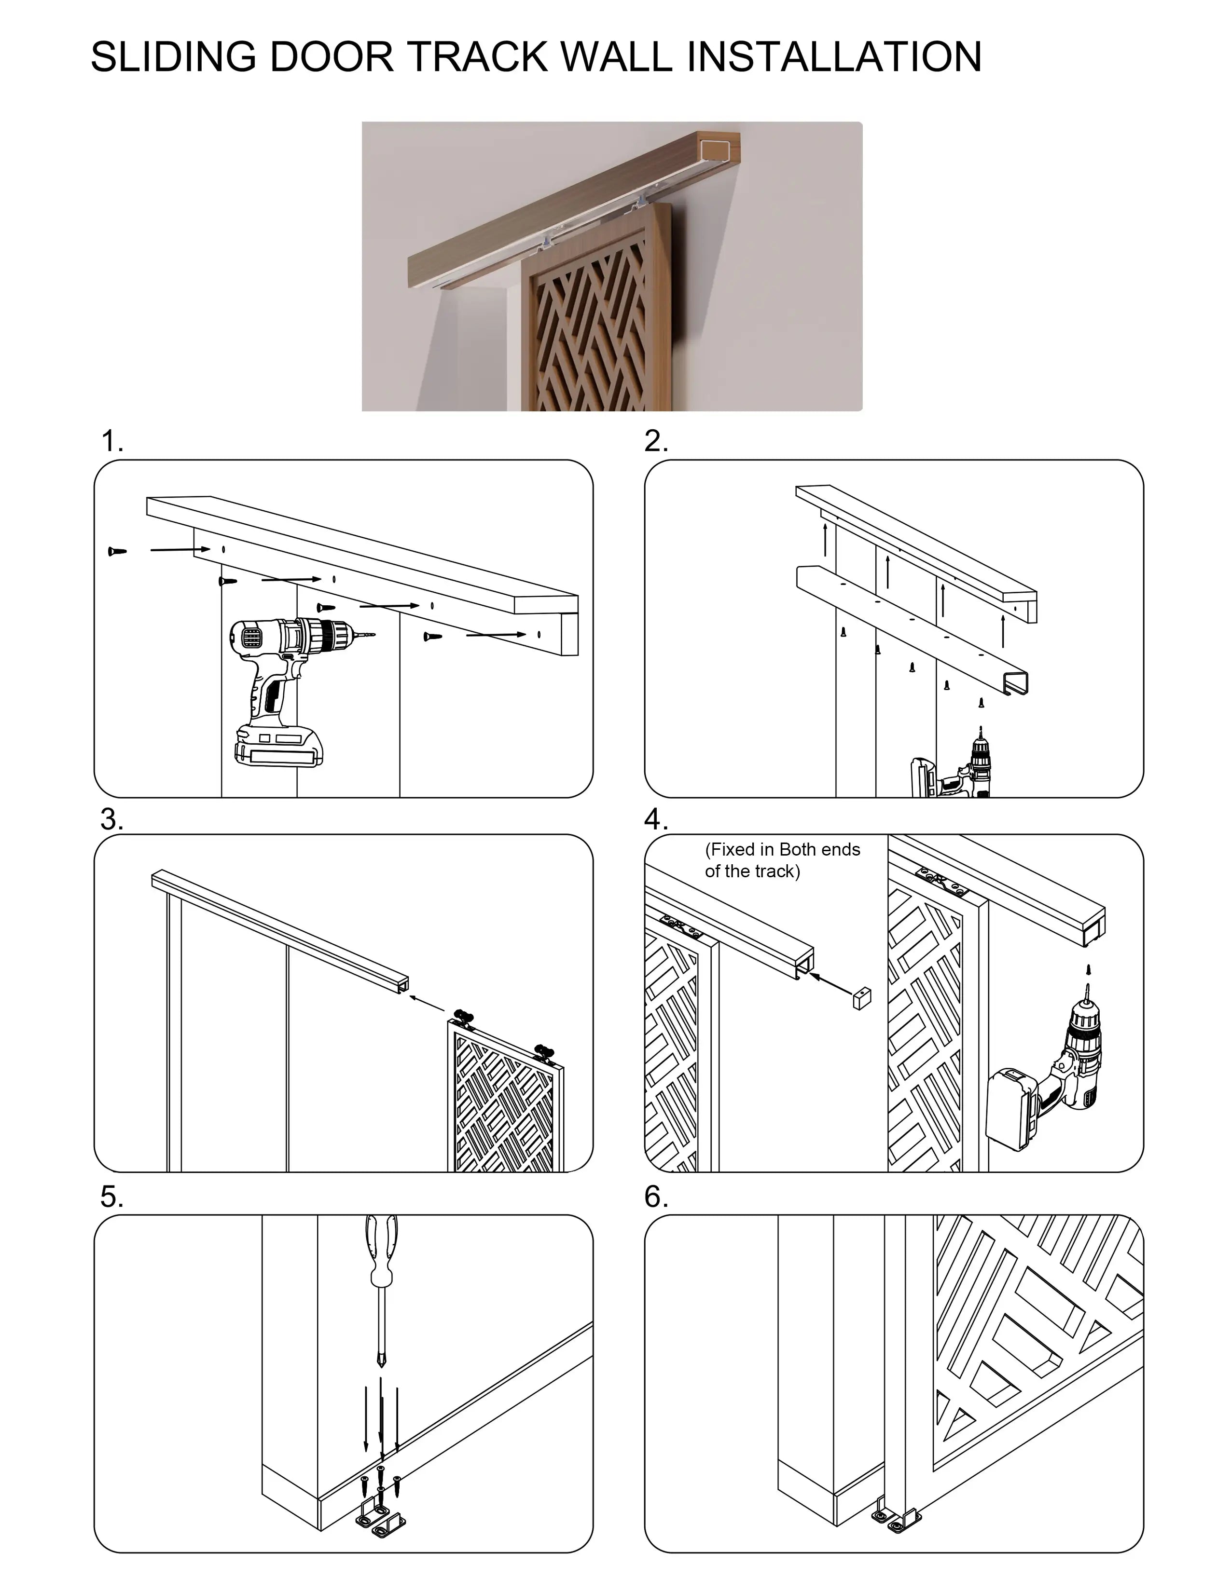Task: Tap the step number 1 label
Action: coord(111,442)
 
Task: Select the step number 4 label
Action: coord(656,820)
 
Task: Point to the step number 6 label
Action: coord(656,1197)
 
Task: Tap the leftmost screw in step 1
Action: coord(117,551)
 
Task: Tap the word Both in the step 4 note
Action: coord(799,849)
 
